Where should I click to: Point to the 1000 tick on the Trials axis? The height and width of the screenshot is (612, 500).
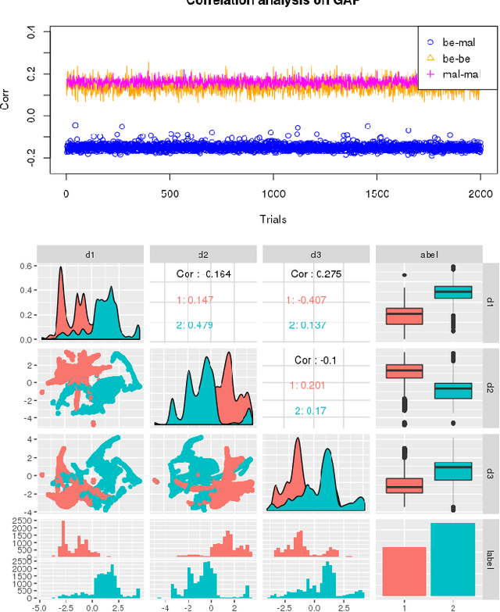pyautogui.click(x=273, y=195)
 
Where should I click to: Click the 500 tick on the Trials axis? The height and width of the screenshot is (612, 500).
pyautogui.click(x=170, y=195)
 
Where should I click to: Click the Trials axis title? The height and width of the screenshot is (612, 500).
pyautogui.click(x=273, y=219)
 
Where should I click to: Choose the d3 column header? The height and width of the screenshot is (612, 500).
pyautogui.click(x=316, y=253)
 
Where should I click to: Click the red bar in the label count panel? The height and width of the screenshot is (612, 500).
pyautogui.click(x=404, y=571)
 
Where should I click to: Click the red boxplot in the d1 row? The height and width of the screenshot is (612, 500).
pyautogui.click(x=404, y=316)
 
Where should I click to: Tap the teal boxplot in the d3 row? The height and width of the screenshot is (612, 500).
pyautogui.click(x=452, y=471)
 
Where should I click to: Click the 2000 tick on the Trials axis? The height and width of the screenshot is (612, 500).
pyautogui.click(x=480, y=195)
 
